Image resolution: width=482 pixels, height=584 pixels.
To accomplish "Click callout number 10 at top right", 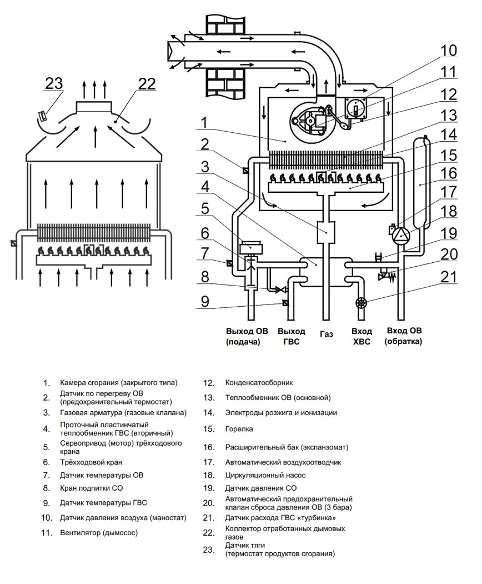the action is (449, 50).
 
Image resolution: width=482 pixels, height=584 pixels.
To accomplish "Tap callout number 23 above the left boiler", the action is (54, 83).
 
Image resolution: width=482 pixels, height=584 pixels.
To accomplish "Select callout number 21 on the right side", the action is (449, 277).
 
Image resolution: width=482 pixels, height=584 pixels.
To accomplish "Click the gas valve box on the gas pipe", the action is (326, 232).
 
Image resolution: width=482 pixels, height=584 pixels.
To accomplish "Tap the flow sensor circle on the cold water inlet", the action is (361, 302).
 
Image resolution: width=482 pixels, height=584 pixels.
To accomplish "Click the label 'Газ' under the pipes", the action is (326, 334).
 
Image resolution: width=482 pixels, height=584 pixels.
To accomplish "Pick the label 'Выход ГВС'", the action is (292, 336).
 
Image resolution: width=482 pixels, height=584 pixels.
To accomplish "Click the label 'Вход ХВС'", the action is (361, 336).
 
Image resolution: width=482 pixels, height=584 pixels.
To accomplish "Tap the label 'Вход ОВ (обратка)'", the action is (404, 336).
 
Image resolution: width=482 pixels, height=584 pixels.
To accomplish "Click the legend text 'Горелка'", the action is (239, 428).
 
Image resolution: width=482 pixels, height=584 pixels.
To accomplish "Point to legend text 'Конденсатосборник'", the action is (259, 382).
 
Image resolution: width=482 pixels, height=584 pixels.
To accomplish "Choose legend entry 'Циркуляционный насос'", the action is (265, 475).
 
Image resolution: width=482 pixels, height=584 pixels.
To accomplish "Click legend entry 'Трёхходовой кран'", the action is (91, 462).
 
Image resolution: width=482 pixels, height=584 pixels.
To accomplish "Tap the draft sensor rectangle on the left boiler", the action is (43, 115).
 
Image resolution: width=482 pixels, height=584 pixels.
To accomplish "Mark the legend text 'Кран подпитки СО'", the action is (92, 488).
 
